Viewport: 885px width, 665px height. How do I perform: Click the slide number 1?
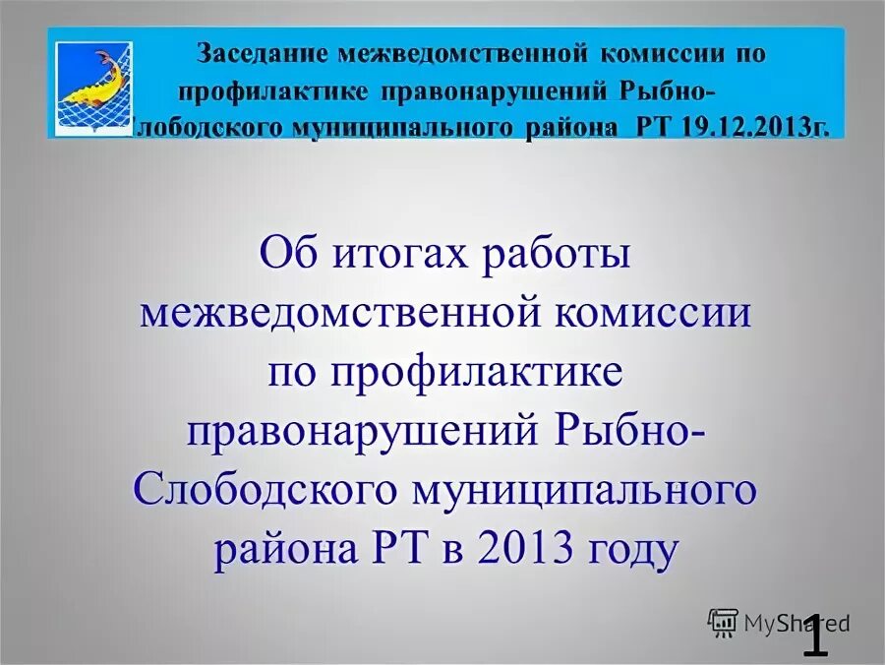[815, 635]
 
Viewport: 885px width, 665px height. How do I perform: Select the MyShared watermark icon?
[723, 622]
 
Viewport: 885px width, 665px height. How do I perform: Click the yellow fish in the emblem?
[96, 81]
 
